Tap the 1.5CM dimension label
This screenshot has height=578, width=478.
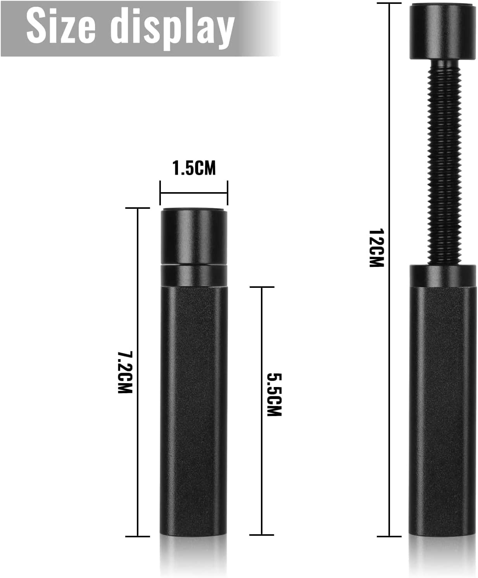click(x=194, y=168)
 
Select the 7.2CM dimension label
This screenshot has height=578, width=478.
click(x=125, y=372)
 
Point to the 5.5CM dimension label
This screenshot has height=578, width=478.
click(x=274, y=395)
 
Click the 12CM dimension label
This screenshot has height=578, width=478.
click(x=376, y=248)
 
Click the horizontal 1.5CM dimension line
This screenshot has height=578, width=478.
click(x=194, y=193)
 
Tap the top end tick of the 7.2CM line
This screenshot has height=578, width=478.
click(x=138, y=208)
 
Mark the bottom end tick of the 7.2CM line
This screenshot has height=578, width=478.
click(x=138, y=537)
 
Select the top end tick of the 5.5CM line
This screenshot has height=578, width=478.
click(x=262, y=287)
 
